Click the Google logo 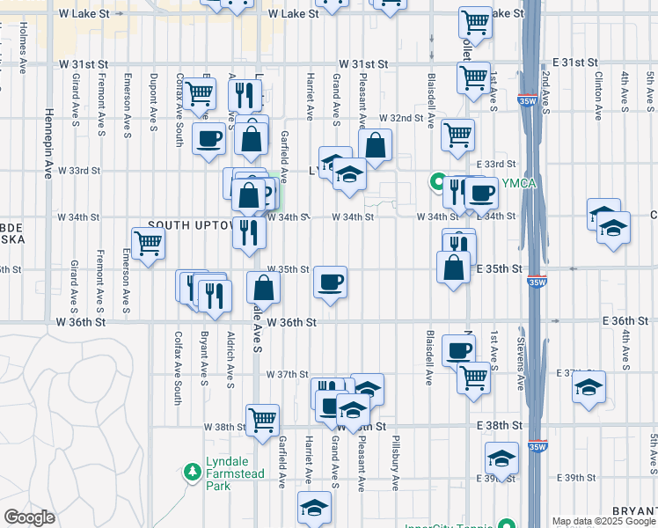[29, 517]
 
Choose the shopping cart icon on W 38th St [262, 420]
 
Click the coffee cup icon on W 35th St [330, 282]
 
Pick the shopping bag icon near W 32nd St [375, 146]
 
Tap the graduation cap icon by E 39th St [501, 458]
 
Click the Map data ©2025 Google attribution [603, 521]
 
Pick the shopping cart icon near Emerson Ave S [148, 243]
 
